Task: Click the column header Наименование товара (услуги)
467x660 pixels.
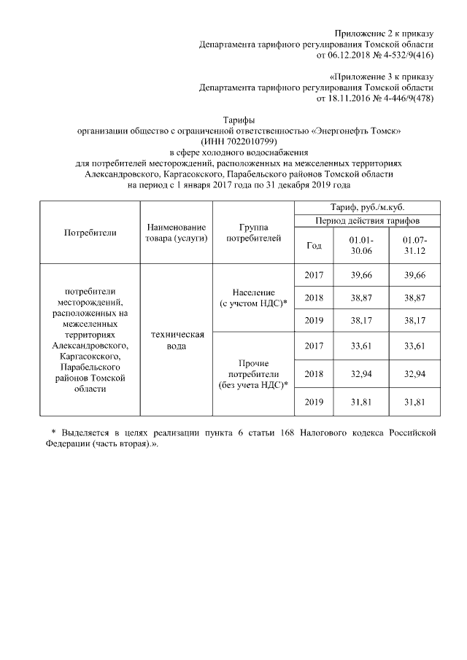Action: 176,233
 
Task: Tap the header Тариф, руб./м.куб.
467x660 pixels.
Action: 367,208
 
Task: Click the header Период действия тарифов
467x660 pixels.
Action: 367,220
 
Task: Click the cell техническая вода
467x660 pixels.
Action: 176,340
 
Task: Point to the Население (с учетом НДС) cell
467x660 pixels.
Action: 253,298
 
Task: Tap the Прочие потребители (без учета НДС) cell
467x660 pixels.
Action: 253,373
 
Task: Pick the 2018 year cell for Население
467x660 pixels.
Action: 313,298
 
